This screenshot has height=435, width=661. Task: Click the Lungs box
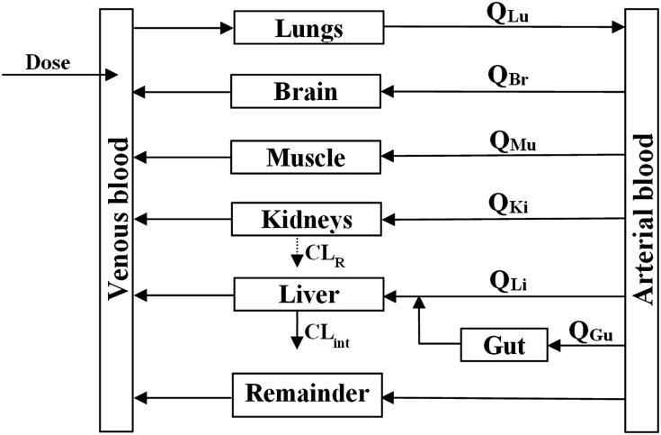click(x=308, y=27)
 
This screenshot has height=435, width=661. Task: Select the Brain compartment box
click(x=307, y=91)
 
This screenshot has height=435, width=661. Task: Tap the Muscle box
click(x=306, y=158)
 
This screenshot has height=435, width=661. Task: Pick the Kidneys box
click(x=306, y=220)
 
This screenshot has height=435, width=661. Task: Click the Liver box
click(x=307, y=295)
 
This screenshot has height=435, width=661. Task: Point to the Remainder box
click(x=307, y=394)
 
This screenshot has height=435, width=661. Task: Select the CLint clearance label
click(x=323, y=334)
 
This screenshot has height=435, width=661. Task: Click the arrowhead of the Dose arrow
click(x=112, y=75)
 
